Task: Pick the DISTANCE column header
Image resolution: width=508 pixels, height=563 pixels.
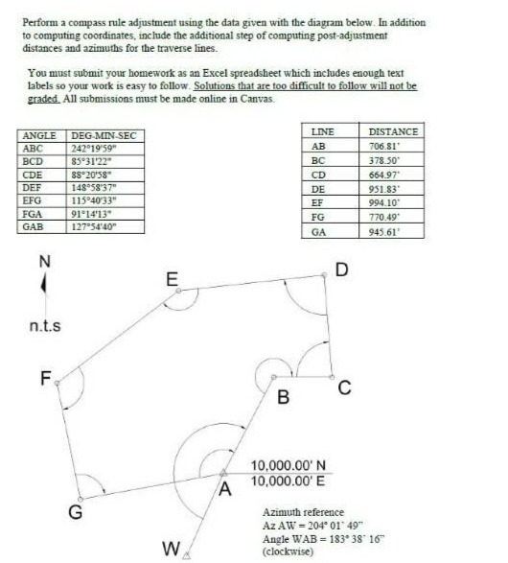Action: click(393, 129)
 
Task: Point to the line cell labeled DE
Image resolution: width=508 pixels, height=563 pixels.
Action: click(319, 189)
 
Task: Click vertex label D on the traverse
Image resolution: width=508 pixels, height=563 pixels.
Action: click(341, 269)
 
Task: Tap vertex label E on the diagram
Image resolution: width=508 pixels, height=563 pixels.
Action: click(172, 280)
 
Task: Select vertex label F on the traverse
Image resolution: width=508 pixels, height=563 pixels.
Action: click(44, 378)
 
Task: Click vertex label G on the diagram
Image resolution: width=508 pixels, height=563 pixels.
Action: click(74, 512)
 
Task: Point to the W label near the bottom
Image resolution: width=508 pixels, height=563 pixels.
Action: click(170, 550)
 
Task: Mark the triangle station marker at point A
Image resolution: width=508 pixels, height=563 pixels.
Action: click(223, 471)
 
